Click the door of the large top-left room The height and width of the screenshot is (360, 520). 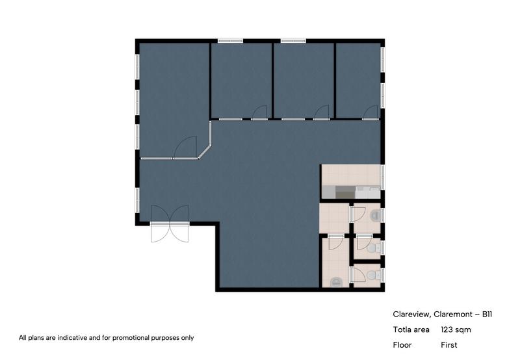[x=186, y=147]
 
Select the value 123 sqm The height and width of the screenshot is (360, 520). [x=456, y=329]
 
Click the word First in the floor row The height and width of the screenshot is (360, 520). [x=449, y=345]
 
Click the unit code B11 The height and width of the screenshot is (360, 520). [x=487, y=314]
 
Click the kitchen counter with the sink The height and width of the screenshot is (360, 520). [x=351, y=192]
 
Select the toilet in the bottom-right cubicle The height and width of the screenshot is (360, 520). [x=372, y=276]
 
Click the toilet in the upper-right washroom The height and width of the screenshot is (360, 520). [x=374, y=215]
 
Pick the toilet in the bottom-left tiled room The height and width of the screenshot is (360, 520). [x=336, y=281]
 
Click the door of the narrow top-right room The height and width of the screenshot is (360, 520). [x=371, y=112]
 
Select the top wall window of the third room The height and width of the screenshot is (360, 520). [x=293, y=41]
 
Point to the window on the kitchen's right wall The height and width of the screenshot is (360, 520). [x=382, y=177]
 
